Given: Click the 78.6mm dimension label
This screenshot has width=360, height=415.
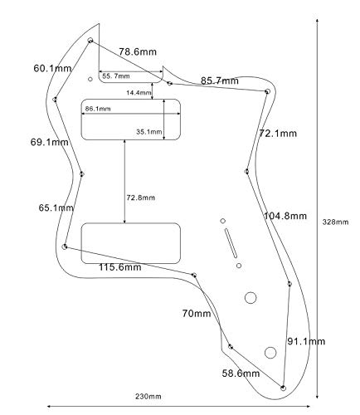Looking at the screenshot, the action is click(138, 51).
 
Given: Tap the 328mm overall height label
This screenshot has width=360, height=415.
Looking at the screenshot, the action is click(335, 222).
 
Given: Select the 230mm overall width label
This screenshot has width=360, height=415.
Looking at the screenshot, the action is click(148, 397).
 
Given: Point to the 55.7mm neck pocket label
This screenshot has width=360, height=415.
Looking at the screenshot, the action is click(116, 76).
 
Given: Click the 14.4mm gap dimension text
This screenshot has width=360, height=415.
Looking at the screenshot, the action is click(139, 93).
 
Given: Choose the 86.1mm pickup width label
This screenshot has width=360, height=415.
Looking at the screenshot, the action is click(98, 109).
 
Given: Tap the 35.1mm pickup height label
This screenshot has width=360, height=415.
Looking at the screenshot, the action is click(149, 132).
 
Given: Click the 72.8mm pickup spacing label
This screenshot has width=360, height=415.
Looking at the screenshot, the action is click(141, 198).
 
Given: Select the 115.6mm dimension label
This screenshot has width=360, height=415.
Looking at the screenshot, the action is click(120, 267).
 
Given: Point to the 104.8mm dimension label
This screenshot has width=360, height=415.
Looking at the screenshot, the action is click(285, 216).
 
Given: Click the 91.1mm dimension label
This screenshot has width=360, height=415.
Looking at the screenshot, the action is click(306, 341).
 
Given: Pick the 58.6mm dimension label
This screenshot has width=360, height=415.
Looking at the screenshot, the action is click(241, 373).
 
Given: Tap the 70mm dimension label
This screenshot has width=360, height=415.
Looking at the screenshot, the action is click(197, 314).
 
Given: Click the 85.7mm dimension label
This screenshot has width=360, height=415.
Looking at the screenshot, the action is click(220, 81).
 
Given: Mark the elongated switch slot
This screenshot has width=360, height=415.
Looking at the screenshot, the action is click(231, 243).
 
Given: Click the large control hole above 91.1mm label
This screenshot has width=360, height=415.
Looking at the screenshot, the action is click(251, 298).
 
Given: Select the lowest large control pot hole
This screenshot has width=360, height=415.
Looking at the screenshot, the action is click(270, 353).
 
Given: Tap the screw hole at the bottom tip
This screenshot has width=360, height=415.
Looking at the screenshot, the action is click(283, 388).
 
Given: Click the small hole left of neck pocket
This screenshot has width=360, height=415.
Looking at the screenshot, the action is click(90, 79).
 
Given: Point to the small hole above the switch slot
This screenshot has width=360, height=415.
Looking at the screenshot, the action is click(223, 221).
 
